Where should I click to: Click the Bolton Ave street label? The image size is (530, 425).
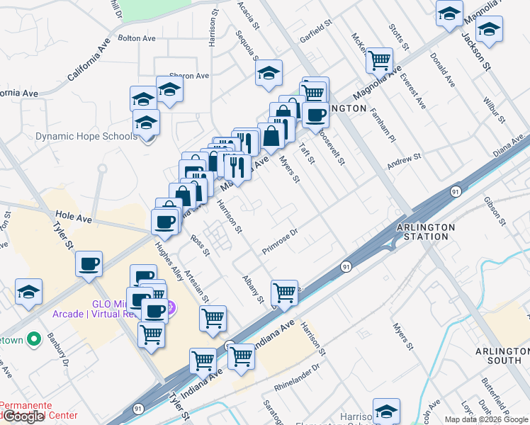(x=136, y=38)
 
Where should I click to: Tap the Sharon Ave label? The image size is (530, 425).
(x=188, y=76)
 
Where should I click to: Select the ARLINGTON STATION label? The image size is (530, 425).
(x=425, y=232)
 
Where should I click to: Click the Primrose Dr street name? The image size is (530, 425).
(x=282, y=241)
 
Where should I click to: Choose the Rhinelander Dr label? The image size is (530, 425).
(x=297, y=378)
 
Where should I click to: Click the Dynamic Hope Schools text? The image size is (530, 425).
(x=86, y=136)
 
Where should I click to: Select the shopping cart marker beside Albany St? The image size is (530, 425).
(x=283, y=291)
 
